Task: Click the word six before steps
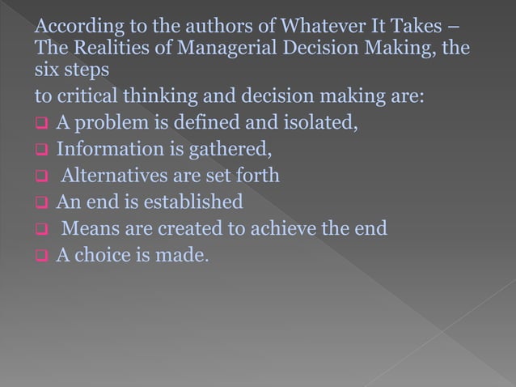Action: (45, 71)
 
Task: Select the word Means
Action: (87, 228)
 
